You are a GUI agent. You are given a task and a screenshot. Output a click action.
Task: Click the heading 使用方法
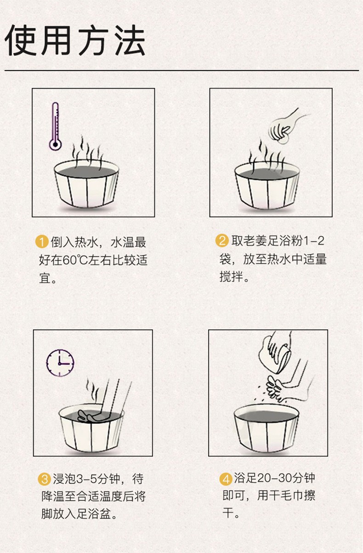(x=74, y=40)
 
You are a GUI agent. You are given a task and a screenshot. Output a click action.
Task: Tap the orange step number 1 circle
(x=42, y=242)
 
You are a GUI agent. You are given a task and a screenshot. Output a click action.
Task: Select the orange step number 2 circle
(x=222, y=240)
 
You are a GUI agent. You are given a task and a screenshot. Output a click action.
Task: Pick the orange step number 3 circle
(x=45, y=479)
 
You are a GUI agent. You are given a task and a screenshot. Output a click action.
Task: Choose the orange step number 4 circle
(x=226, y=479)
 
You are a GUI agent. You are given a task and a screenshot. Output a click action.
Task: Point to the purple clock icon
(x=60, y=363)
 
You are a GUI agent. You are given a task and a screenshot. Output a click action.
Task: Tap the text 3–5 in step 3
(x=86, y=479)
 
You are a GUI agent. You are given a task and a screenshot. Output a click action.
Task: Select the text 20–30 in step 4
(x=274, y=478)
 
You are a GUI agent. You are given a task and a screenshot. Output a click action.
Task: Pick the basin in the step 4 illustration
(x=266, y=428)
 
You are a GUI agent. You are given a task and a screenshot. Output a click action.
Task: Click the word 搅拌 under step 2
(x=231, y=277)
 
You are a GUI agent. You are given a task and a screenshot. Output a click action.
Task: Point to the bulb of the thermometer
(x=55, y=145)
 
